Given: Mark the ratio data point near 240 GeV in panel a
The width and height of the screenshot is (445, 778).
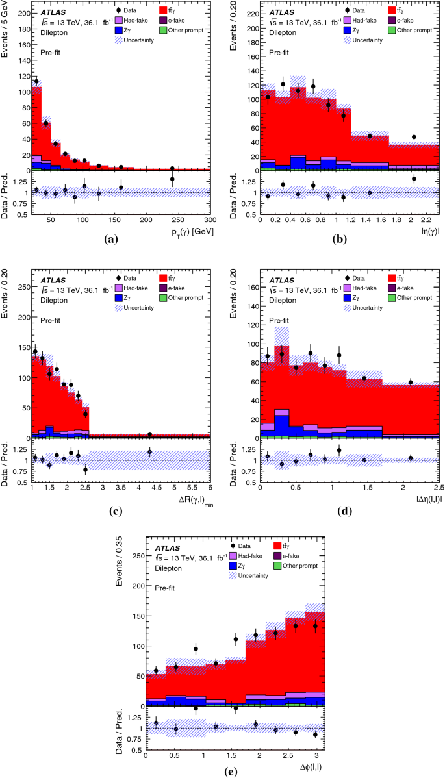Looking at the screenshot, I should click(172, 179).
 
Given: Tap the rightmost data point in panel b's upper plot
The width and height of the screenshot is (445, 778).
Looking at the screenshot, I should click(414, 137).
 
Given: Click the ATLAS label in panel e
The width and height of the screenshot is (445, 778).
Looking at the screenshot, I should click(168, 557).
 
